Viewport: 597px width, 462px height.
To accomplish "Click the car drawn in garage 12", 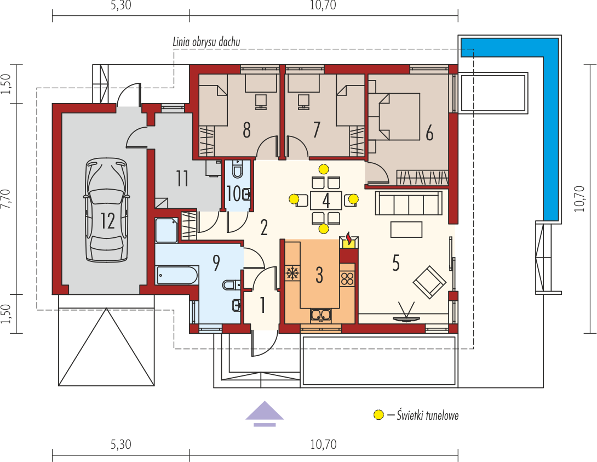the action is [107, 210].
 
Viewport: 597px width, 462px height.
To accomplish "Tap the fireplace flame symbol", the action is [349, 238].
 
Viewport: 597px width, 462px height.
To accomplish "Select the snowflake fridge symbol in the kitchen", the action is [292, 273].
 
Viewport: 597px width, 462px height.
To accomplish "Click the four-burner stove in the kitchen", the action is [347, 278].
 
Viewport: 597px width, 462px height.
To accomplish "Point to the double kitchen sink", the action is [320, 315].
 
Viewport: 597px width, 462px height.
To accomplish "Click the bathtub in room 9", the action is [177, 275].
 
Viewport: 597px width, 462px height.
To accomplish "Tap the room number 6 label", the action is [429, 133].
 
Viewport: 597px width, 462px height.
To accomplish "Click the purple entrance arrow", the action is [265, 414].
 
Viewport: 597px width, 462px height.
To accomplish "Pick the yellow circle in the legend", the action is [378, 415].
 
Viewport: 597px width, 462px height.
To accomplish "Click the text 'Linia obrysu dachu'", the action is [206, 42].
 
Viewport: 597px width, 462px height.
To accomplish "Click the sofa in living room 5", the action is [409, 203].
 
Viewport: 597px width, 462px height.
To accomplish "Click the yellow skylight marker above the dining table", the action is [324, 169].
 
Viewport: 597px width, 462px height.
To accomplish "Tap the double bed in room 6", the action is [394, 117].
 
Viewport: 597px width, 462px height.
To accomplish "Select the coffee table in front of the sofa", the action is [406, 230].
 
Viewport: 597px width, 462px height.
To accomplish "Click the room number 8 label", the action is [246, 130].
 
